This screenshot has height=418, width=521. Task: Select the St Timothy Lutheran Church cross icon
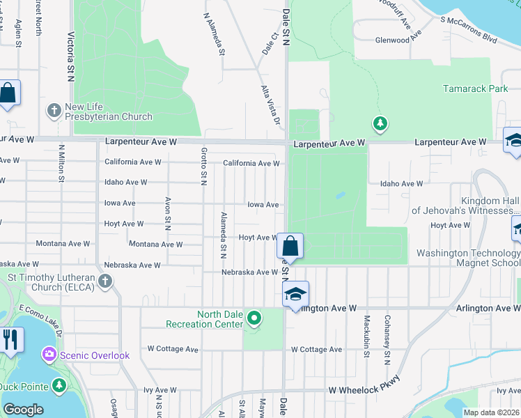tap(104, 281)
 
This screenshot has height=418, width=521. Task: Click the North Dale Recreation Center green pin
tap(254, 319)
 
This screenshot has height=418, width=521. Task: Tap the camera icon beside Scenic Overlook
tap(49, 355)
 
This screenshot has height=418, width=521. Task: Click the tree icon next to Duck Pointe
tap(59, 385)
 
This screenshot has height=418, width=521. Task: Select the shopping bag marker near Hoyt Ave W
tap(290, 246)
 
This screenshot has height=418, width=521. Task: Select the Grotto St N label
tap(204, 168)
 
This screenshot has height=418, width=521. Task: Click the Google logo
tap(23, 409)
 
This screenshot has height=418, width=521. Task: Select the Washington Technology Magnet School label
tap(468, 258)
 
